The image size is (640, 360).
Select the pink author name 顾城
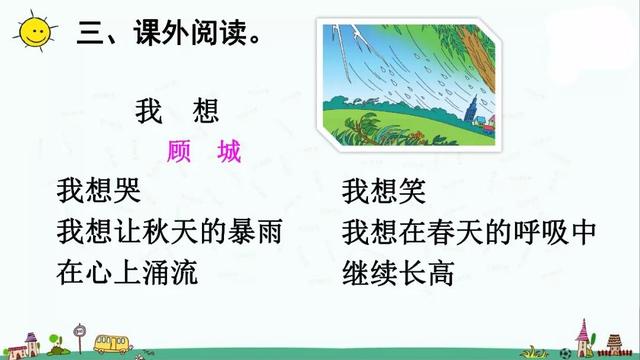(205, 151)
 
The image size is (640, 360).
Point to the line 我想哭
(100, 191)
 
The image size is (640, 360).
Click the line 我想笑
(384, 191)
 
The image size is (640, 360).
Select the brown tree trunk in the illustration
(478, 52)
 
